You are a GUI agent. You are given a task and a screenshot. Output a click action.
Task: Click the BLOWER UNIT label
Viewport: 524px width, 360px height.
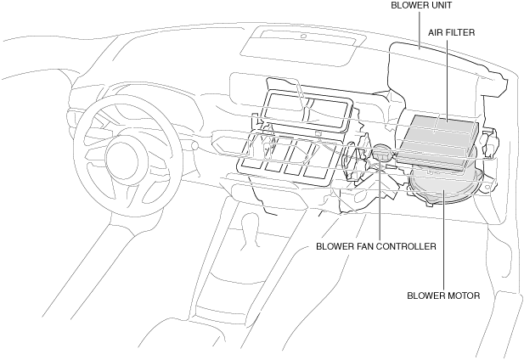(x=421, y=5)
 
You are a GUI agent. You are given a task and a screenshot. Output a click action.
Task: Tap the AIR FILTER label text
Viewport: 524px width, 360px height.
(x=452, y=32)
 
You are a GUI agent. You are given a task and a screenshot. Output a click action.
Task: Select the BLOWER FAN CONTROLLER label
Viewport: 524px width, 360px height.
(x=376, y=246)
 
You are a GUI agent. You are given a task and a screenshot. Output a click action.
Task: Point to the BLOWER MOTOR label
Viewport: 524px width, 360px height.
(x=443, y=295)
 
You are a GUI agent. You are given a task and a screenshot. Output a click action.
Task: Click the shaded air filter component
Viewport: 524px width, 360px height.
(x=437, y=143)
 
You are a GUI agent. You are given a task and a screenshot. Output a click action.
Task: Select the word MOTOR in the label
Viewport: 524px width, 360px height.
(x=465, y=295)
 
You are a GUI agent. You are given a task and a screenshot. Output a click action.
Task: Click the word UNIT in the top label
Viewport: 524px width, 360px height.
(x=441, y=5)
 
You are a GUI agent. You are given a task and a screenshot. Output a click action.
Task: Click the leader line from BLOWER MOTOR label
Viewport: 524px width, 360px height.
(x=444, y=238)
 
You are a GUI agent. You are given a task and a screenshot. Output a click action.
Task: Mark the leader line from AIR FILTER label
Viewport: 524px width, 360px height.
(x=447, y=80)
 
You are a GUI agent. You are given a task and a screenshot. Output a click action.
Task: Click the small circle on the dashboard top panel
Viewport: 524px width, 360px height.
(x=303, y=36)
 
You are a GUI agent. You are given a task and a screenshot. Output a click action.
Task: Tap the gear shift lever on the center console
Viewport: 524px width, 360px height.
(x=249, y=231)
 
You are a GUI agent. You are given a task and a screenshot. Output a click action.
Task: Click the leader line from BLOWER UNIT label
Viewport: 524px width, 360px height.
(x=420, y=30)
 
